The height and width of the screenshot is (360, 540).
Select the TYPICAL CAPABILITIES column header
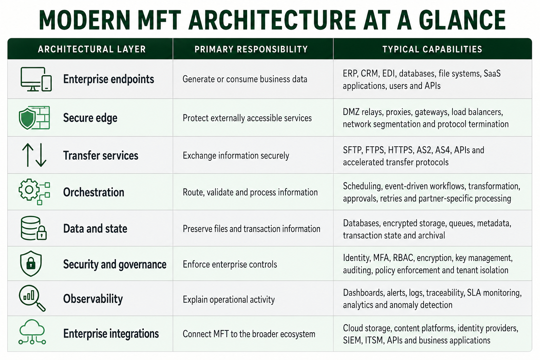point(432,49)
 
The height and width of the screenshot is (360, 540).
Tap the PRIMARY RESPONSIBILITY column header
point(251,49)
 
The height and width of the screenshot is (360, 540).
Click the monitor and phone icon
point(36,79)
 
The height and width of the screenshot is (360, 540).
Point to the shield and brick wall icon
point(34,118)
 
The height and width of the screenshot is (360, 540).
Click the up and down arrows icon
point(34,155)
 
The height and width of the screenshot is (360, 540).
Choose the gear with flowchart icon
point(34,192)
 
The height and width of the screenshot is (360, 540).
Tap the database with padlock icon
point(34,228)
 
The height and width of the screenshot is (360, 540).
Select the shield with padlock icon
point(31,264)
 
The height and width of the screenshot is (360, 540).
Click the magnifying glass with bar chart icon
point(32,298)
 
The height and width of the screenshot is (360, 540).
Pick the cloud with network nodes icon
point(32,332)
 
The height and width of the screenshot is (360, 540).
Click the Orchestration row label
point(94,192)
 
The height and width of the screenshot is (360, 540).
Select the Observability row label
point(93,299)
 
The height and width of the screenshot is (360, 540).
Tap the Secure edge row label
point(90,118)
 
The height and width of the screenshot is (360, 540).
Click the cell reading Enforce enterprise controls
point(230,264)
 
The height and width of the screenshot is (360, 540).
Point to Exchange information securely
point(236,155)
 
